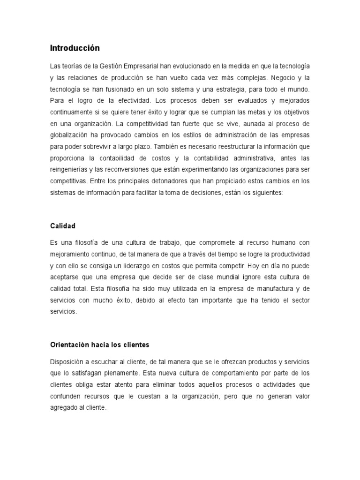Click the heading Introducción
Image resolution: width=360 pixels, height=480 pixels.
point(75,48)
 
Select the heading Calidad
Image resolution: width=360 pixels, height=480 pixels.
point(63,226)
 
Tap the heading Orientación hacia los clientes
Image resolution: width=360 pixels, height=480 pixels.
point(99,345)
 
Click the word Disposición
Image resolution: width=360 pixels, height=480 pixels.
point(68,363)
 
